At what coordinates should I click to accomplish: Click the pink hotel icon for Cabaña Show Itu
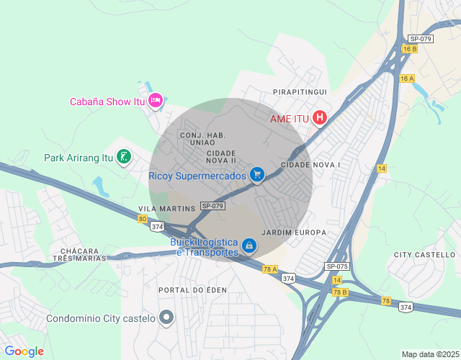[x=154, y=100]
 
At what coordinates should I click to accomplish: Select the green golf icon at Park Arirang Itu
[x=124, y=156]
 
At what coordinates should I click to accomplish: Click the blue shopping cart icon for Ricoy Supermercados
[x=257, y=174]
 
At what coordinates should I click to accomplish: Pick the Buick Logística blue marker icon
[x=249, y=246]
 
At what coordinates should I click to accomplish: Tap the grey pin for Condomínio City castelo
[x=166, y=317]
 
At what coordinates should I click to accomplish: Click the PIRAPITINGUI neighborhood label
[x=300, y=92]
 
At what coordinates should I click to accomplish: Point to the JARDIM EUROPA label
[x=294, y=233]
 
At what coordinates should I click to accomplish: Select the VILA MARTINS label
[x=166, y=209]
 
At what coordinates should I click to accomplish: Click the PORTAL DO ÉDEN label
[x=192, y=289]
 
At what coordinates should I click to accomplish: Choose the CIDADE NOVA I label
[x=310, y=166]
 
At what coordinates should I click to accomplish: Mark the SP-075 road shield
[x=337, y=266]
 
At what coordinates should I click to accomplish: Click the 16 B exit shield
[x=410, y=49]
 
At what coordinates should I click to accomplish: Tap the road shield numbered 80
[x=143, y=218]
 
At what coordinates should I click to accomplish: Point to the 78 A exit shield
[x=270, y=269]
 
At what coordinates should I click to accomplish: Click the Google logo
[x=24, y=351]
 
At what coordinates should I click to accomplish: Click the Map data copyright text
[x=430, y=354]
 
